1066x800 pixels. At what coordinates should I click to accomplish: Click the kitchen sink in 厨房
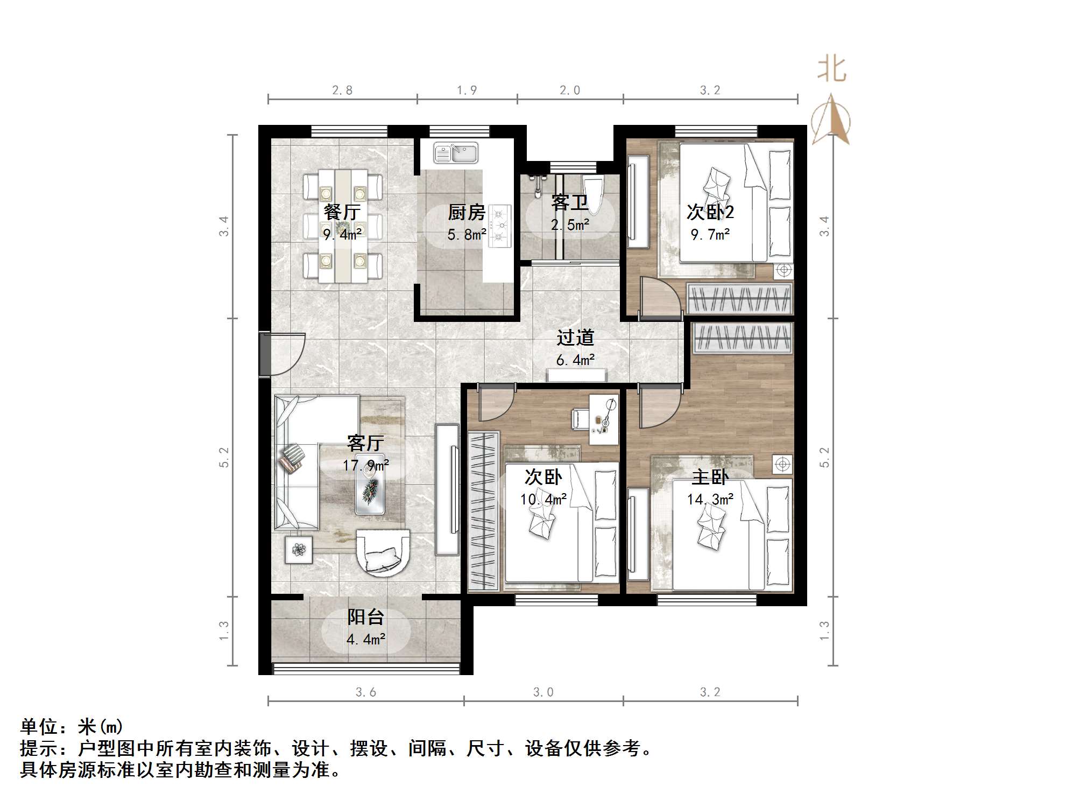click(x=456, y=153)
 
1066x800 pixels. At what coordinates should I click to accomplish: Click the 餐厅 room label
click(x=342, y=212)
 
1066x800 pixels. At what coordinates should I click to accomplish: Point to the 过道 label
click(x=575, y=338)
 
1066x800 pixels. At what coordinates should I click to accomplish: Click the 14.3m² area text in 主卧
click(x=710, y=500)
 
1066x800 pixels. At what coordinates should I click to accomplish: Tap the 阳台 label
click(x=365, y=617)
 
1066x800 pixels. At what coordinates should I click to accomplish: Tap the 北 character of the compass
click(x=831, y=70)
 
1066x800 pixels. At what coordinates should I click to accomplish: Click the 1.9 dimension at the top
click(x=467, y=90)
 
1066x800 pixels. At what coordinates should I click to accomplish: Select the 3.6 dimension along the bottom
click(x=365, y=692)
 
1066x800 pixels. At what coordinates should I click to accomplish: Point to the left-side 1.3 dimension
click(x=224, y=631)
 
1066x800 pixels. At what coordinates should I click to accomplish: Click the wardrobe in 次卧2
click(x=740, y=299)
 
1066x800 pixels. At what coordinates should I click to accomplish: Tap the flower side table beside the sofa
click(x=298, y=550)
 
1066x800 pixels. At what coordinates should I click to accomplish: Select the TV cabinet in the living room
click(x=447, y=490)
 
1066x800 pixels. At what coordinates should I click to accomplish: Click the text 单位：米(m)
click(x=72, y=727)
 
